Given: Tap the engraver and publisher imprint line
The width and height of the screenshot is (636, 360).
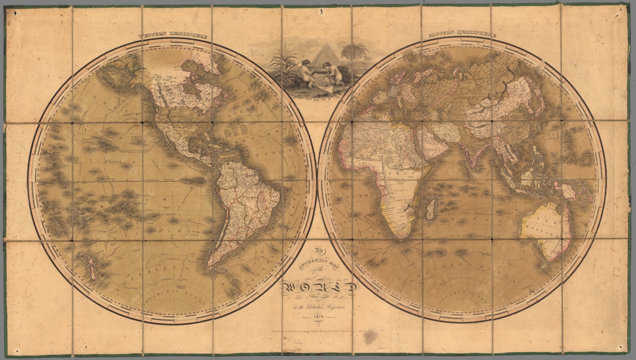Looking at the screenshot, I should tap(318, 331).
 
